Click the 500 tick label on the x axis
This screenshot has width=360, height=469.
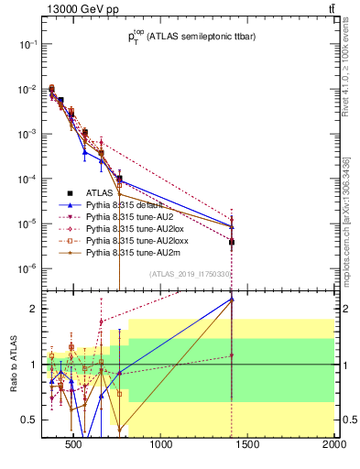(75, 446)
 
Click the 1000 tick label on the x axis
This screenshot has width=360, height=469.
(161, 446)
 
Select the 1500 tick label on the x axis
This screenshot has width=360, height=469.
(248, 446)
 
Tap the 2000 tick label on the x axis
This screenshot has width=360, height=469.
(333, 446)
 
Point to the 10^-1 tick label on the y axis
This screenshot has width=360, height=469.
(25, 44)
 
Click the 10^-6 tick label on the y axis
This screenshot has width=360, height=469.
(25, 268)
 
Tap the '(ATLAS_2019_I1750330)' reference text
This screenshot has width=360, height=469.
(190, 274)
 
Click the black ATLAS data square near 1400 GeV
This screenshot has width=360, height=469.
(232, 242)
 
